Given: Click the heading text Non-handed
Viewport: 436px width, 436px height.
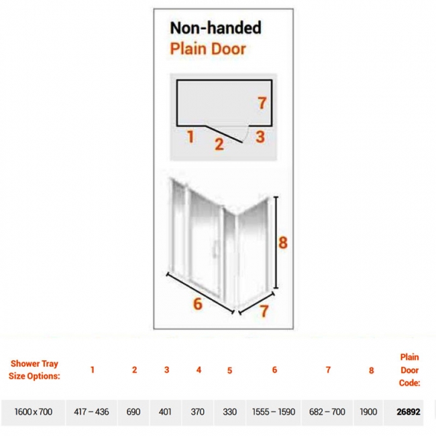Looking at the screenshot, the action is coord(215,28).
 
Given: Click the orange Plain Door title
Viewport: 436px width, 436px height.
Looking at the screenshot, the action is coord(208,49).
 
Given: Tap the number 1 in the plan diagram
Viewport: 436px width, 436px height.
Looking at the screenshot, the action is coord(190,137).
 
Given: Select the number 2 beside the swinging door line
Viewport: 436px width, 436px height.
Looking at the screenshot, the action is coord(219,144).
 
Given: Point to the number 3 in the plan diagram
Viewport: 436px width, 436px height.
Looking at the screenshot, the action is coord(260,137).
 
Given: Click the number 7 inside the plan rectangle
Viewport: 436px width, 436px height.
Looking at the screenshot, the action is coord(262,103).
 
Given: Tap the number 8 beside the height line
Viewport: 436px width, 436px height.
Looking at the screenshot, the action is coord(283,242).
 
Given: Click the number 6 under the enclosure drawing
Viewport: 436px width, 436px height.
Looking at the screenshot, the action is coord(198,304).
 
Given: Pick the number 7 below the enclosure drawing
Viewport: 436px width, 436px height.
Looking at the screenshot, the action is coord(264,311).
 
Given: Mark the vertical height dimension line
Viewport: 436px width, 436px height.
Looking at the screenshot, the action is coord(276,242).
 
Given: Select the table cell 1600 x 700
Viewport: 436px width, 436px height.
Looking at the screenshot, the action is coord(34,412).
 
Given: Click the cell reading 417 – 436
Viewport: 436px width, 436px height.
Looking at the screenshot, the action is coord(91,412).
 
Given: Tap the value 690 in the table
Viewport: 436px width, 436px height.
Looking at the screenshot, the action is coord(133,412).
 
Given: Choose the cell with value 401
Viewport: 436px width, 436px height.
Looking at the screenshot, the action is coord(165,412).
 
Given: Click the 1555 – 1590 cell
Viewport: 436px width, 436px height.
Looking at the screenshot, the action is coord(274,412).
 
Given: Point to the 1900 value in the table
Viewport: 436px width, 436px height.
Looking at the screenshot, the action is coord(368,412).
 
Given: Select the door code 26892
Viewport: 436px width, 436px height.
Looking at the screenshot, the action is coord(408,412).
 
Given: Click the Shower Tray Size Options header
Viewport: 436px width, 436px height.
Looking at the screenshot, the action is coord(34,370).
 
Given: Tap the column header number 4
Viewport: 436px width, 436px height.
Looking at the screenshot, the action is coord(199,370).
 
